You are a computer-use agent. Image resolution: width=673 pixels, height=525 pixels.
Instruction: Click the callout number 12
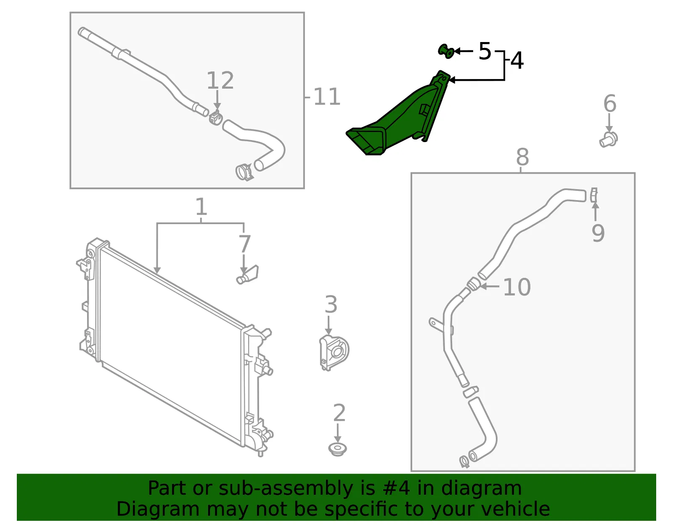[x=220, y=80]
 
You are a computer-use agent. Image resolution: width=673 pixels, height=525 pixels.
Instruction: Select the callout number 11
[x=327, y=97]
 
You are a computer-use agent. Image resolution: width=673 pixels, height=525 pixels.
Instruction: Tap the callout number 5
[x=485, y=51]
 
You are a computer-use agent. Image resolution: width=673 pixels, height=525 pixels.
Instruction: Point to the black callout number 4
[x=517, y=61]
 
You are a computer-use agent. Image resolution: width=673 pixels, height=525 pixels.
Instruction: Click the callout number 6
[x=610, y=103]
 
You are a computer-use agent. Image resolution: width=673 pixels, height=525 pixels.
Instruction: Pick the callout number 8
[x=522, y=157]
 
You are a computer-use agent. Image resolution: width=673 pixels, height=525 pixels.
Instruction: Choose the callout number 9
[x=598, y=233]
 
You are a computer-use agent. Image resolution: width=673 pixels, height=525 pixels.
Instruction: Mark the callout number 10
[x=517, y=287]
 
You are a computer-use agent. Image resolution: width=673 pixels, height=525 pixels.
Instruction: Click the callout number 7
[x=244, y=244]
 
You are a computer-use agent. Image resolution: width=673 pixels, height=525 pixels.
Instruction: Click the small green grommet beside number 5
[x=446, y=51]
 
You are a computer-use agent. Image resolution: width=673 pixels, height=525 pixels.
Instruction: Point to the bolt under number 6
[x=609, y=140]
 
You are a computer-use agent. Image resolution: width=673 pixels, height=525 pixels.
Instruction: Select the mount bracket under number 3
[x=334, y=353]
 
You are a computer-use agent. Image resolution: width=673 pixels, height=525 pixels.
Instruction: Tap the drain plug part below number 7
[x=247, y=275]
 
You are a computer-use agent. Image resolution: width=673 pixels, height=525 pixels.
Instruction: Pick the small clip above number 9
[x=594, y=195]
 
